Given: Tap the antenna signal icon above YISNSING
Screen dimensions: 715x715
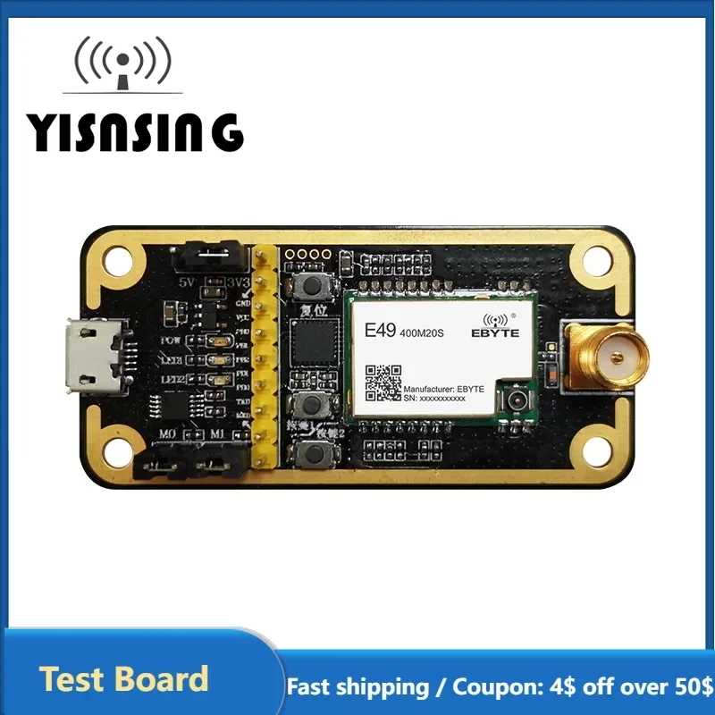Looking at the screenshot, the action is (122, 64).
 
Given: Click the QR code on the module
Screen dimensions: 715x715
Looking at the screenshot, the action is (382, 382).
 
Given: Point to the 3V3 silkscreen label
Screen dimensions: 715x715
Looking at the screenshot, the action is (238, 282).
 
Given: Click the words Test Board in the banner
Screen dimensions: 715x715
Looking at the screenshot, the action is (124, 679).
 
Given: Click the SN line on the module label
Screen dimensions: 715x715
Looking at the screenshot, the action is (433, 399).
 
